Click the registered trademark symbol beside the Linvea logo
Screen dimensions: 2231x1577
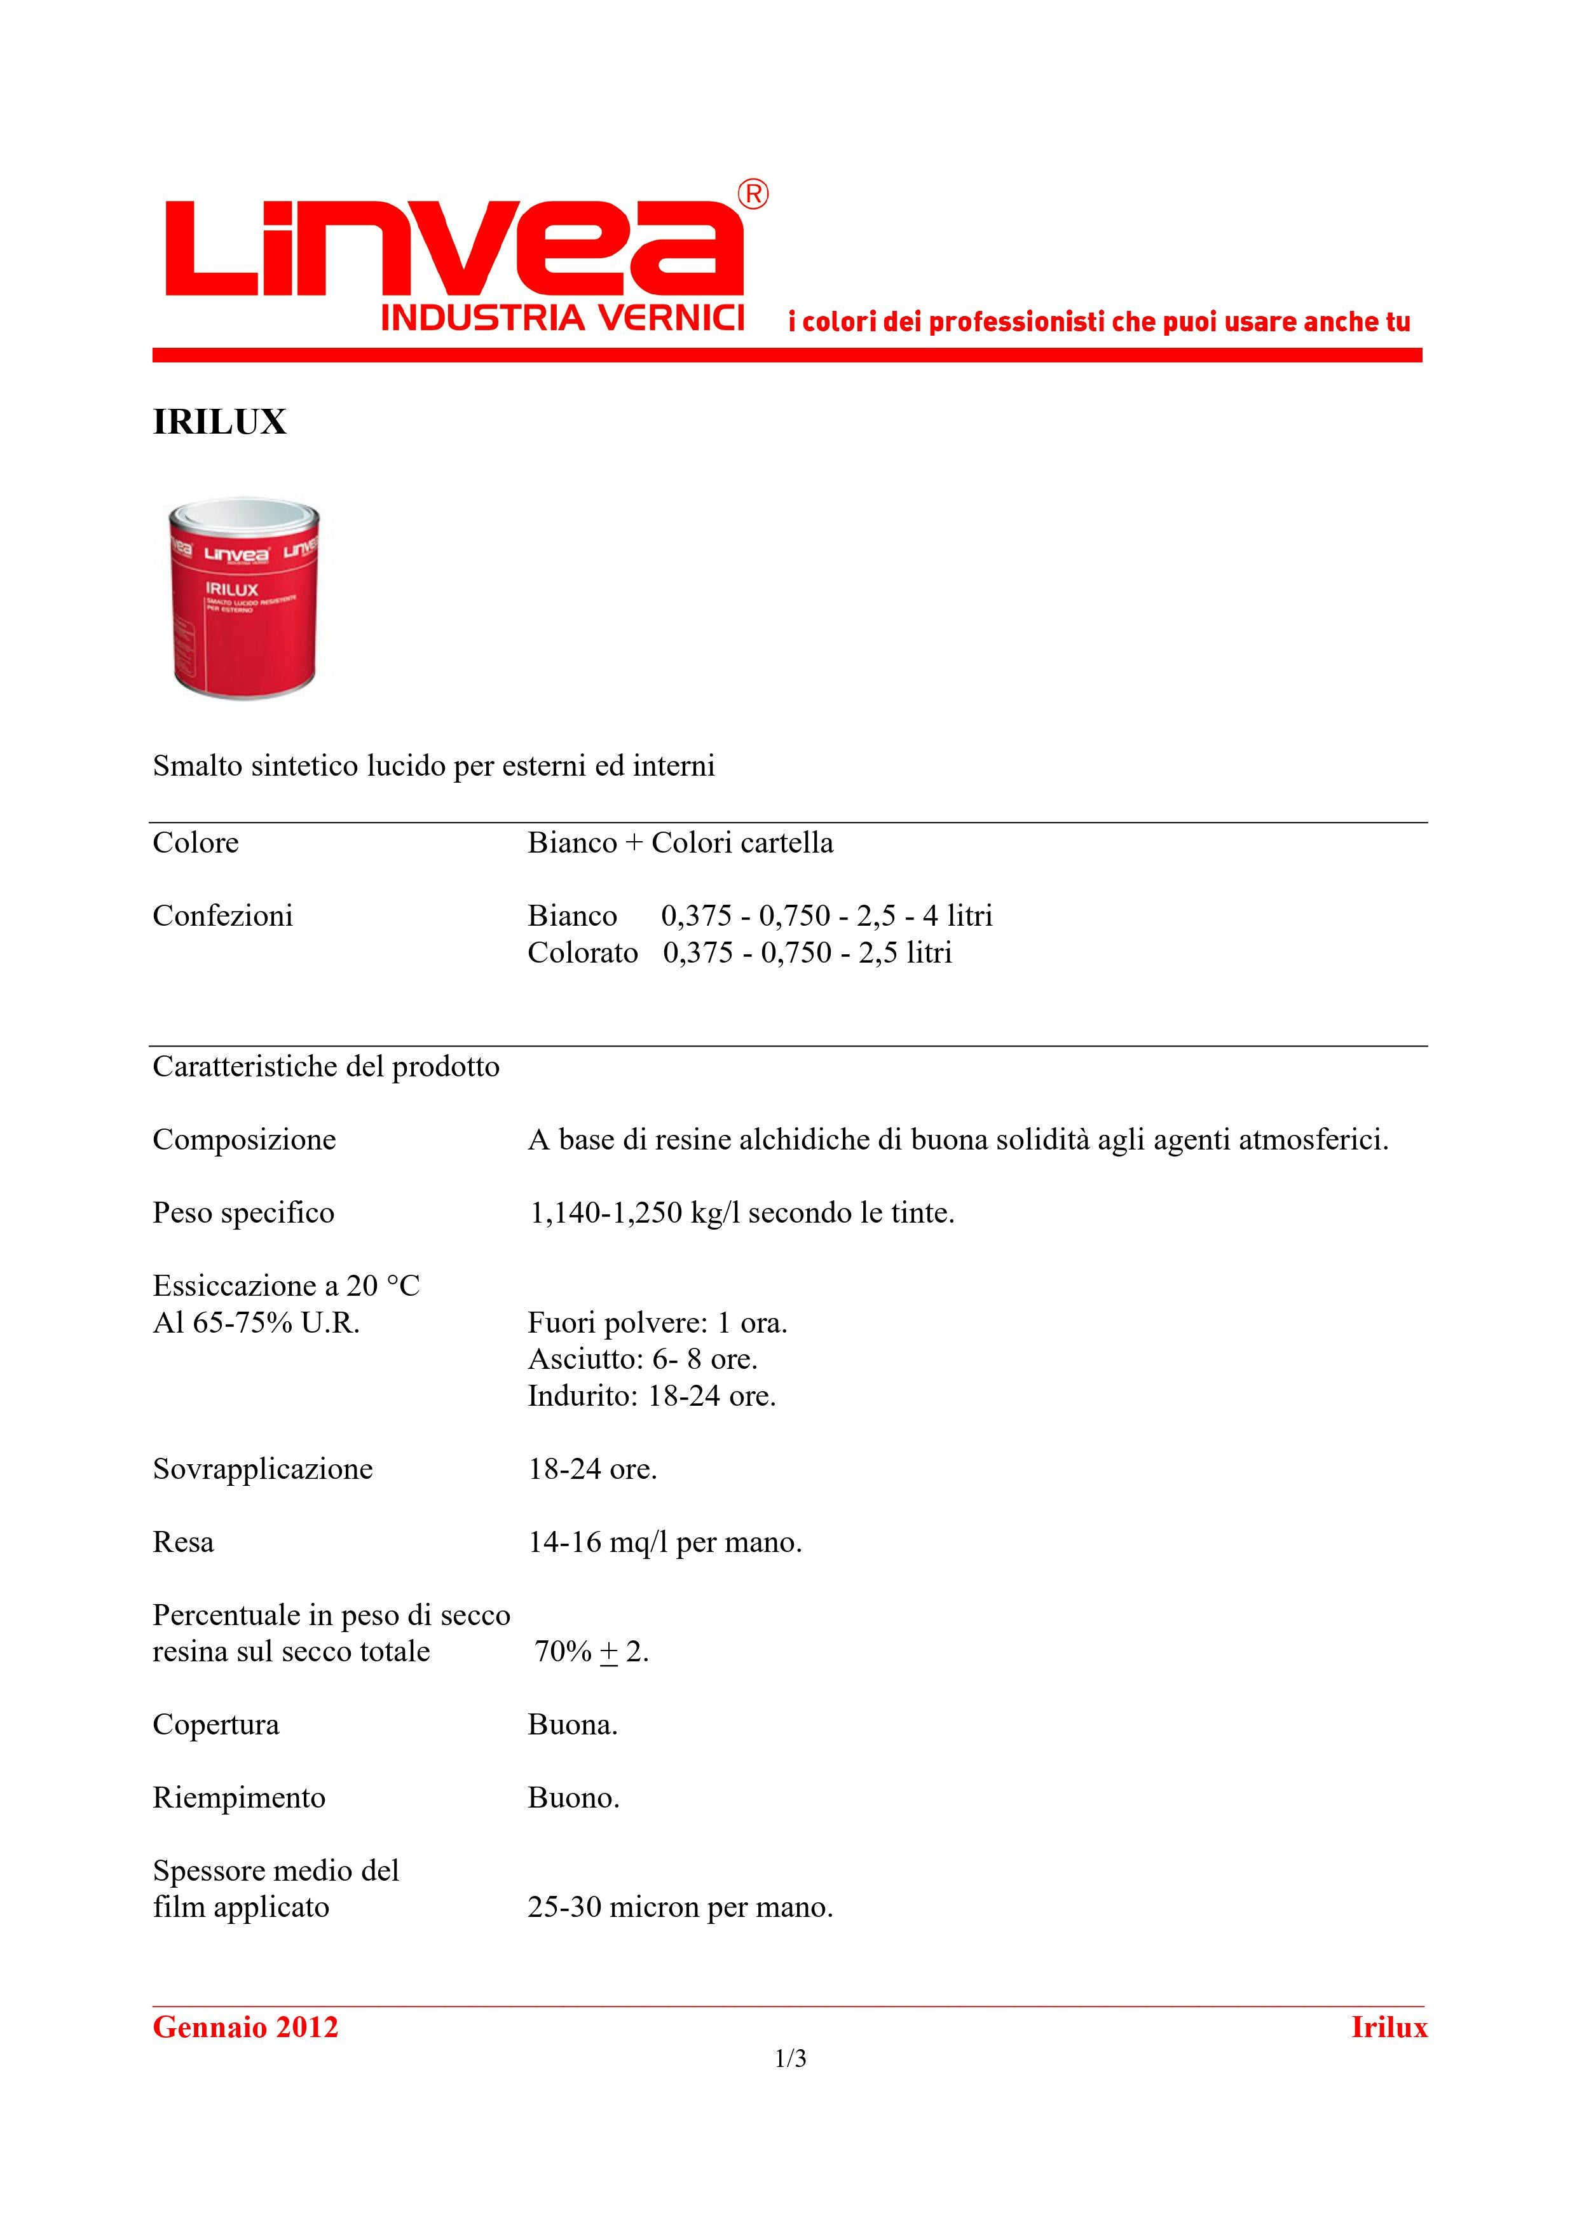(753, 195)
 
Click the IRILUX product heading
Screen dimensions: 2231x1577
(219, 422)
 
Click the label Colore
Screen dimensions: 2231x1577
(195, 842)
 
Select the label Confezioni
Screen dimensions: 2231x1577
(222, 916)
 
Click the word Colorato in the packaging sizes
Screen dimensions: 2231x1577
(582, 952)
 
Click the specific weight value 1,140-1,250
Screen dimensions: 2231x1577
(605, 1212)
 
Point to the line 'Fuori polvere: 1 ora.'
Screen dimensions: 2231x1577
(657, 1322)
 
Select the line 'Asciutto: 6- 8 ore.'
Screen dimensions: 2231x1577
(642, 1359)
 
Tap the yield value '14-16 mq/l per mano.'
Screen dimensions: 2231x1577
(665, 1542)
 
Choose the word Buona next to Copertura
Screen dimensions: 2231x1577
(572, 1725)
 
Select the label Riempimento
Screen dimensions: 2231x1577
(239, 1797)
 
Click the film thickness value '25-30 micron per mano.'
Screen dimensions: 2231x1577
(680, 1907)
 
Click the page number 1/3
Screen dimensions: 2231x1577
(790, 2059)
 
